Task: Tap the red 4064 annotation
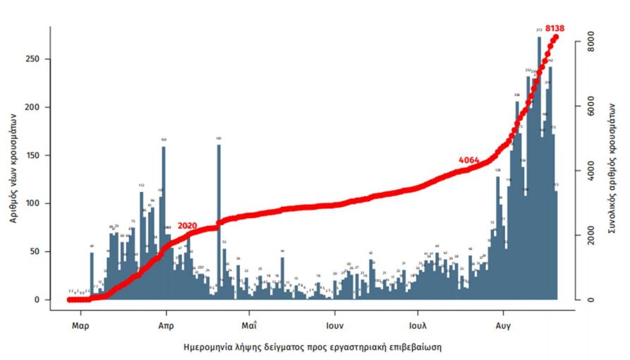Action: tap(468, 160)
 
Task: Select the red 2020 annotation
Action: tap(187, 226)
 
